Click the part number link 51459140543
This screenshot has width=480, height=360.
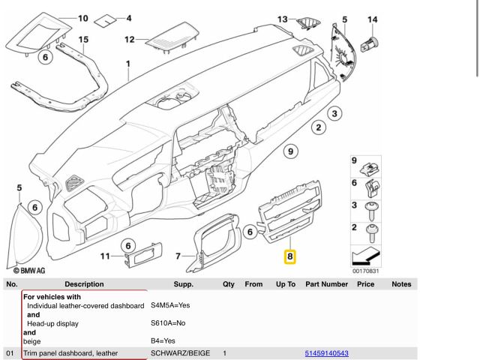coord(326,352)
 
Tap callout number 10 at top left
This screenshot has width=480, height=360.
coord(82,17)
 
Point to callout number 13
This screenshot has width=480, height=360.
coord(282,18)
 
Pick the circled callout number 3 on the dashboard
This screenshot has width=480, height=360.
coord(334,113)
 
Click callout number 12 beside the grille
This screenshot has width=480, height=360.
coord(129,39)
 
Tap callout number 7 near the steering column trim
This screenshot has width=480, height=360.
coord(178,256)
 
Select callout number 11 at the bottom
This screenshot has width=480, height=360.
coord(106,256)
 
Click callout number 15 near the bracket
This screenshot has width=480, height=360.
coord(83,39)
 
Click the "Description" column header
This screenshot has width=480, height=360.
coord(84,284)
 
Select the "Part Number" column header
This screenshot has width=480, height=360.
coord(326,284)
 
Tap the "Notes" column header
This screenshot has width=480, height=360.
coord(401,284)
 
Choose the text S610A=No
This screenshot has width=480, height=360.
coord(168,323)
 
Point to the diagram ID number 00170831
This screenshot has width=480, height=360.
coord(365,271)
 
